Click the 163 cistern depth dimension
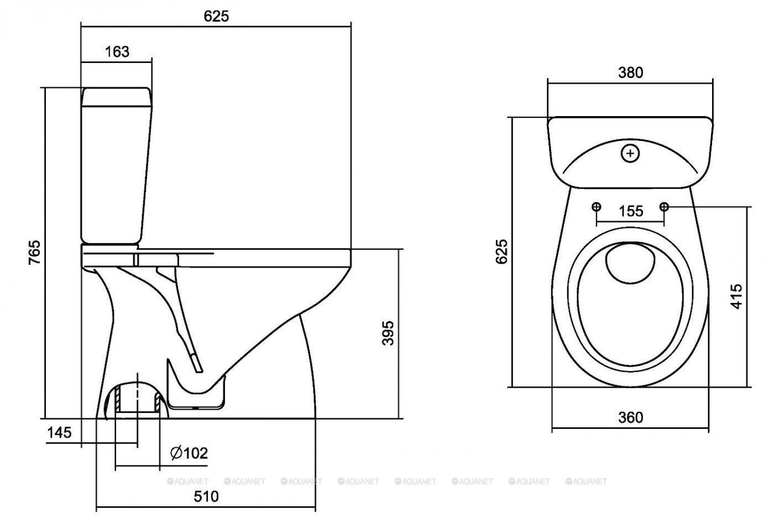[x=117, y=51]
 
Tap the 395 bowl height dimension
[x=389, y=332]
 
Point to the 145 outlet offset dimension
[x=59, y=432]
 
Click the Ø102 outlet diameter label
[x=189, y=453]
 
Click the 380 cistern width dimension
[x=630, y=72]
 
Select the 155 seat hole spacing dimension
[x=630, y=211]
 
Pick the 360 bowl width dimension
[x=630, y=417]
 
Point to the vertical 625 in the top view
[x=501, y=252]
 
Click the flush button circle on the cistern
[x=630, y=154]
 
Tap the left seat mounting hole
[x=596, y=206]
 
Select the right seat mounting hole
[x=664, y=206]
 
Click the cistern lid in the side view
[x=117, y=96]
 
